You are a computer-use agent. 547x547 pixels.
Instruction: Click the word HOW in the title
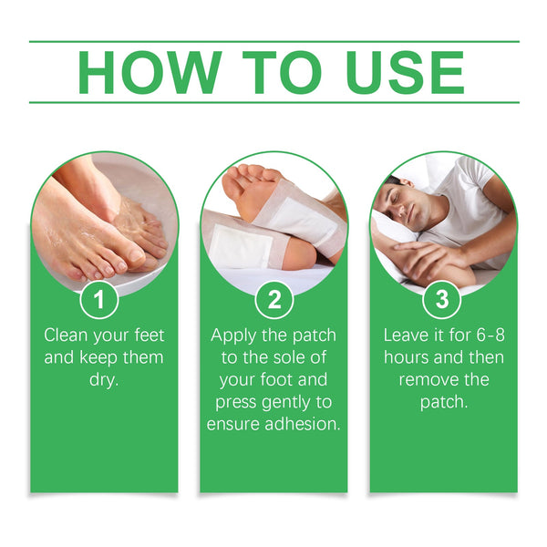tap(151, 72)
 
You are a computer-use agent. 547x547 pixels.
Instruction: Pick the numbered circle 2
tap(273, 299)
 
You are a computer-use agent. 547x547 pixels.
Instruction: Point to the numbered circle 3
tap(442, 299)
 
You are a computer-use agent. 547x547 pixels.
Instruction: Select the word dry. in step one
tap(104, 378)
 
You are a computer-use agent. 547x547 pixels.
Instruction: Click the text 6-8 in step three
tap(487, 335)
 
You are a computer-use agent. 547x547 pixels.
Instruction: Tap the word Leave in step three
tap(409, 335)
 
